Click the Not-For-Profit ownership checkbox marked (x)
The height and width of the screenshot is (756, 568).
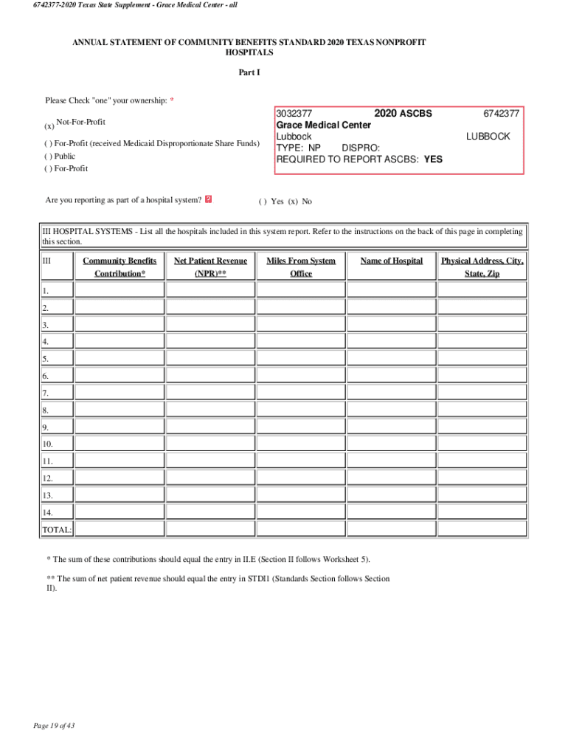[x=49, y=126]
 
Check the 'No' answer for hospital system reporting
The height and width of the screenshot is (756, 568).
[x=293, y=202]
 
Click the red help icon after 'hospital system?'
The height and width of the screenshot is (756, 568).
[x=209, y=199]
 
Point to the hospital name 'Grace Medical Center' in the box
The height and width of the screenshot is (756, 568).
[x=323, y=125]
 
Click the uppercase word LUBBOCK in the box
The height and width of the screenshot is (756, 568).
[x=488, y=137]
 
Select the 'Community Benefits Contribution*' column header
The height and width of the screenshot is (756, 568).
[x=120, y=267]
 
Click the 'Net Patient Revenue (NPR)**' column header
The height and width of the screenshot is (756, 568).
[x=210, y=267]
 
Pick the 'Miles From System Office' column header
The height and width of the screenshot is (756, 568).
[x=301, y=267]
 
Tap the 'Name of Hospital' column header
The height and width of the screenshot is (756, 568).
[x=392, y=261]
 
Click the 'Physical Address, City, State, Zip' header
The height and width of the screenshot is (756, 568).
[x=482, y=267]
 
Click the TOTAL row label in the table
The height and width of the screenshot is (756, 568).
[x=57, y=529]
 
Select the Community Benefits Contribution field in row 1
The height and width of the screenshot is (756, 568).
[x=120, y=290]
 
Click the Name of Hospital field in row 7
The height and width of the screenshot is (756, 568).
[x=392, y=392]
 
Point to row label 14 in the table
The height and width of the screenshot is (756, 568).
[x=46, y=512]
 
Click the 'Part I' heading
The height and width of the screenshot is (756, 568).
[x=249, y=72]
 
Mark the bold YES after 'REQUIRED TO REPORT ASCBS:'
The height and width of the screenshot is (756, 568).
[x=434, y=159]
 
